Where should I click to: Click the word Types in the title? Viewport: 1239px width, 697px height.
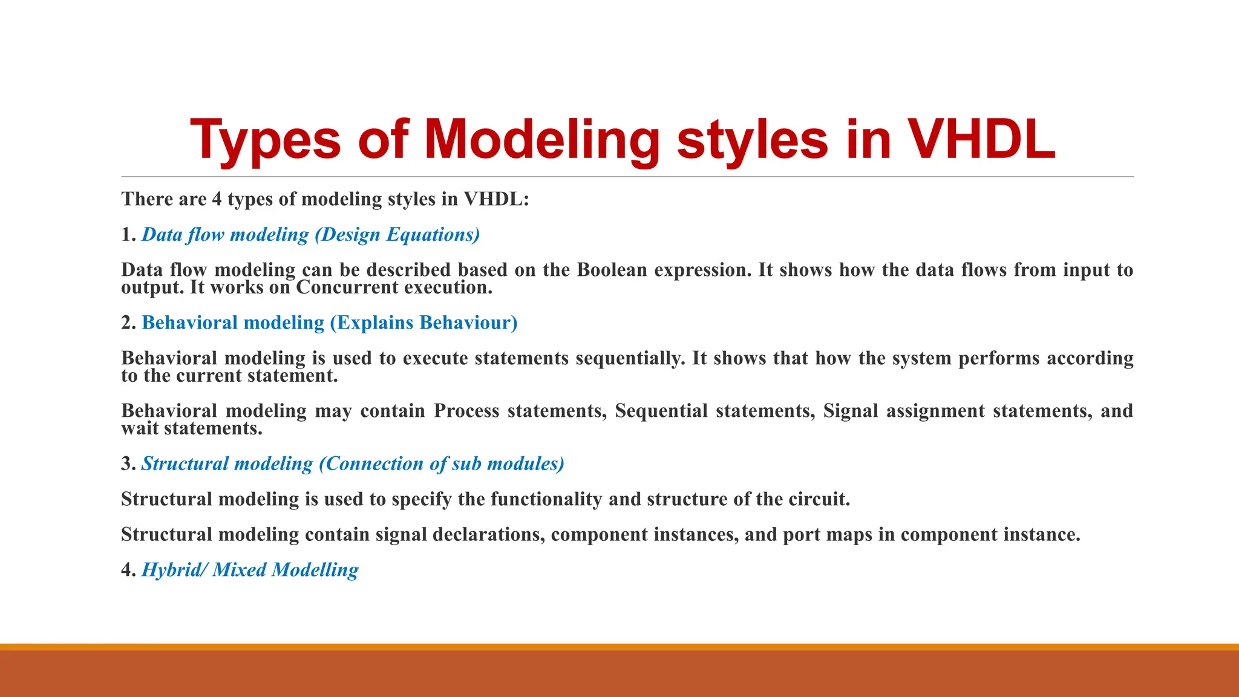click(266, 140)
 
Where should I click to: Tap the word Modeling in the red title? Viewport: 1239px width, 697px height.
click(541, 140)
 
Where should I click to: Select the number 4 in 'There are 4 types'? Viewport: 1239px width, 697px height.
click(217, 199)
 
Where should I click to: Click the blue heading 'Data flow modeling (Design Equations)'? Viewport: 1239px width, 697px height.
click(310, 235)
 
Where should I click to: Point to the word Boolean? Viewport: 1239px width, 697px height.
click(612, 270)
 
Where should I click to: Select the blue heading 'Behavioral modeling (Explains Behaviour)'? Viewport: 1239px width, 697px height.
click(330, 322)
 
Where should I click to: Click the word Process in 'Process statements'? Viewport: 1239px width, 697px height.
click(466, 411)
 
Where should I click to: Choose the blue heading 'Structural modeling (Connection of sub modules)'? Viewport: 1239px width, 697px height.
click(353, 464)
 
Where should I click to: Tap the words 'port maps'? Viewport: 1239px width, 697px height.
click(827, 535)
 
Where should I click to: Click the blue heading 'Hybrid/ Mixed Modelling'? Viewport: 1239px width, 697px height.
click(250, 570)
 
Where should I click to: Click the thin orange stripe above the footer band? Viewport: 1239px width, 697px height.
click(619, 647)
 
